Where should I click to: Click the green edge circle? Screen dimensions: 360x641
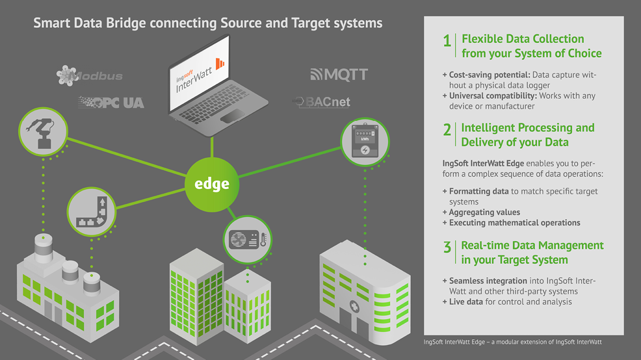click(x=212, y=184)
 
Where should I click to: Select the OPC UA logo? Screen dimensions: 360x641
click(x=111, y=102)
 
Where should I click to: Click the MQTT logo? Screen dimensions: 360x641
click(x=339, y=75)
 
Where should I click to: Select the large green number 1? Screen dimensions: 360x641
click(x=447, y=42)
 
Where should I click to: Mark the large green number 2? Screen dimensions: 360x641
click(x=447, y=130)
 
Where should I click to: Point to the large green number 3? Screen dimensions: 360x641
click(x=447, y=248)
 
